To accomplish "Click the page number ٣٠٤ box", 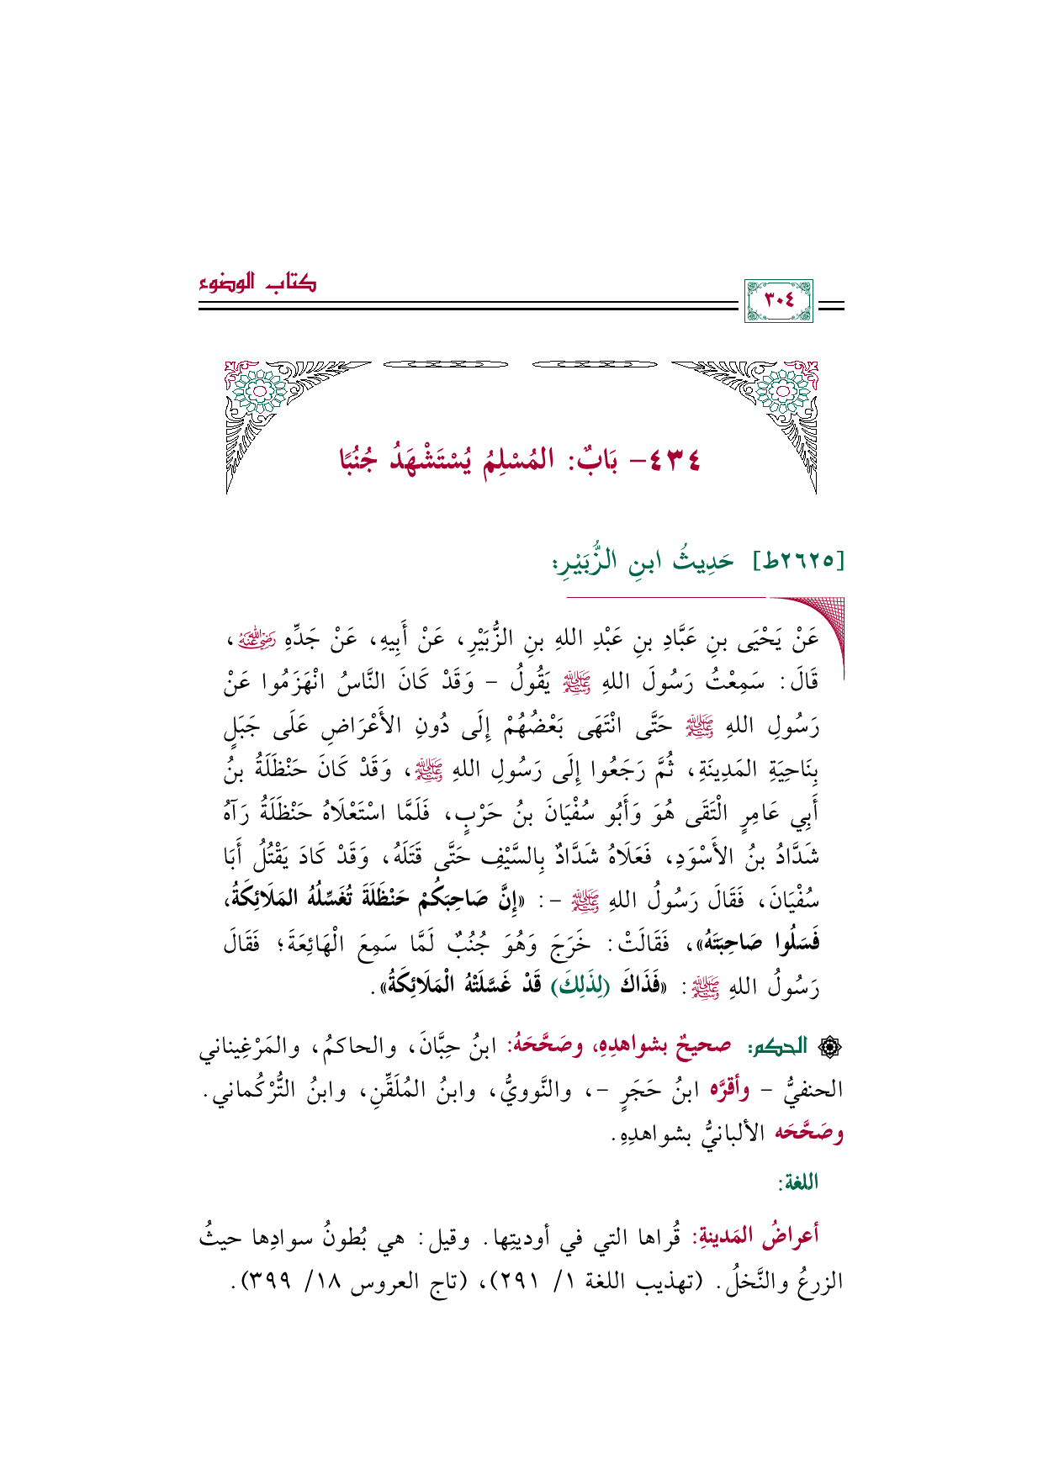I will click(x=778, y=301).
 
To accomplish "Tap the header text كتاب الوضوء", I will click(x=258, y=283).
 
